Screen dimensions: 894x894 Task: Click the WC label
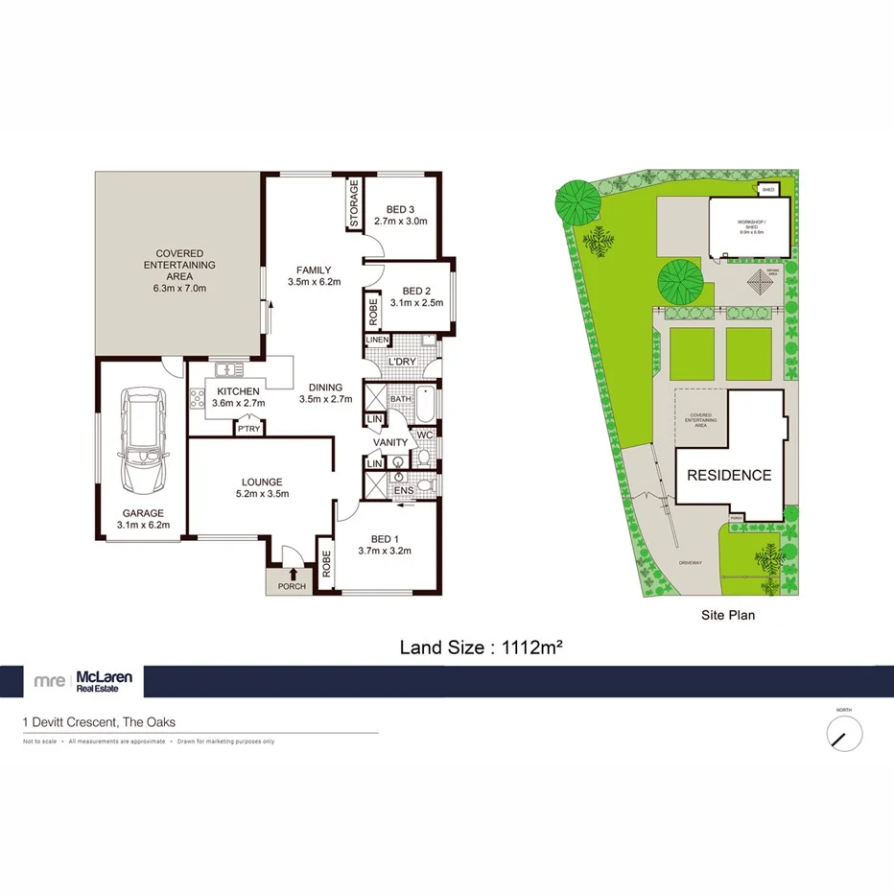426,435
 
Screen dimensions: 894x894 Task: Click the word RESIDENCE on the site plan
728,475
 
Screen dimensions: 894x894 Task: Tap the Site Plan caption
727,616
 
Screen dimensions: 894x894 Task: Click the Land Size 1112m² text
480,647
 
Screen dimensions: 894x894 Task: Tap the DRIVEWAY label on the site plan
689,562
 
